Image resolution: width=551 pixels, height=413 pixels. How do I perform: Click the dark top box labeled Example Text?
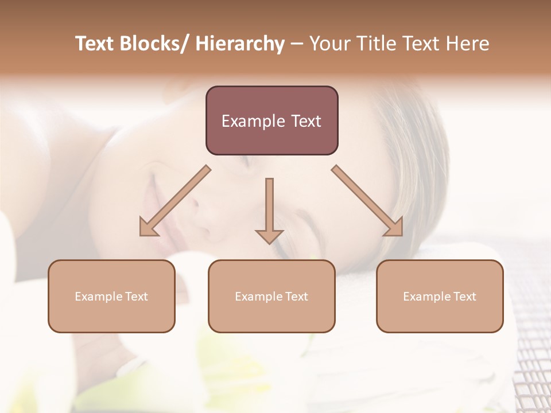(271, 120)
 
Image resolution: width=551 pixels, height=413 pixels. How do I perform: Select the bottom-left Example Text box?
(111, 296)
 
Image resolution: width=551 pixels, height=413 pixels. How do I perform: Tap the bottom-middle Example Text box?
(271, 296)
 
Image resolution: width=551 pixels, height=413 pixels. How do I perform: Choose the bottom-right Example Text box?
(440, 296)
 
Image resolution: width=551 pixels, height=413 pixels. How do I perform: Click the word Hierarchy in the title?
(240, 44)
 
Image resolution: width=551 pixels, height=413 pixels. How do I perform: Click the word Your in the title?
(331, 44)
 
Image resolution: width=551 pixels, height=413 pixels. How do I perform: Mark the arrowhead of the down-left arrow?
(148, 228)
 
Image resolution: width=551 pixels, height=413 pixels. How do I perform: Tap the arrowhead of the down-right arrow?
(394, 227)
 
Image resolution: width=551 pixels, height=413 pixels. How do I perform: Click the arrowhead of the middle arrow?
(269, 236)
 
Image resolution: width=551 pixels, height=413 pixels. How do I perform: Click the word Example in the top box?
(253, 121)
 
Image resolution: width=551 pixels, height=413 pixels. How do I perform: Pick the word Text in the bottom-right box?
(464, 296)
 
